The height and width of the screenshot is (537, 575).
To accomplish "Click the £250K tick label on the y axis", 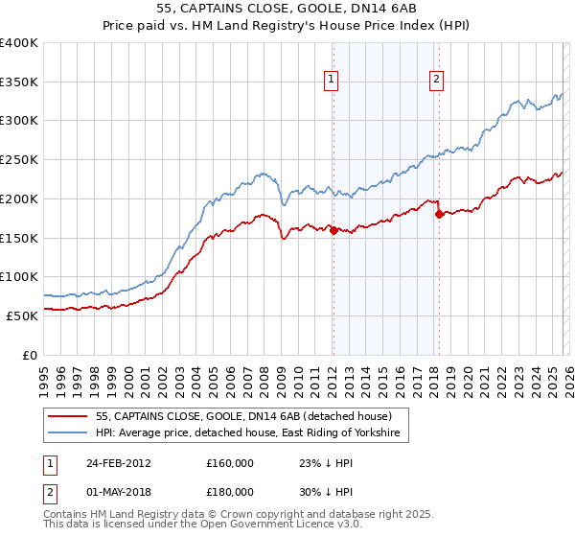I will click(19, 160).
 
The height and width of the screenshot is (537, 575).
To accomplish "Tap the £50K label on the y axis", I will click(22, 315).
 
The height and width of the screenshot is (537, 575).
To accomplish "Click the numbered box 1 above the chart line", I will click(332, 81).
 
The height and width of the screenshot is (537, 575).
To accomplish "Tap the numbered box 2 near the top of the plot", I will click(436, 81).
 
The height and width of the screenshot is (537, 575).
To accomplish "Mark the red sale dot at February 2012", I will click(333, 230).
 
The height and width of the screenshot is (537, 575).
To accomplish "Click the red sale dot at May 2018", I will click(438, 215).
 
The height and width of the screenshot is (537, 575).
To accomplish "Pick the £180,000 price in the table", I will click(230, 492).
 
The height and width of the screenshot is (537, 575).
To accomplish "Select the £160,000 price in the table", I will click(230, 463).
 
